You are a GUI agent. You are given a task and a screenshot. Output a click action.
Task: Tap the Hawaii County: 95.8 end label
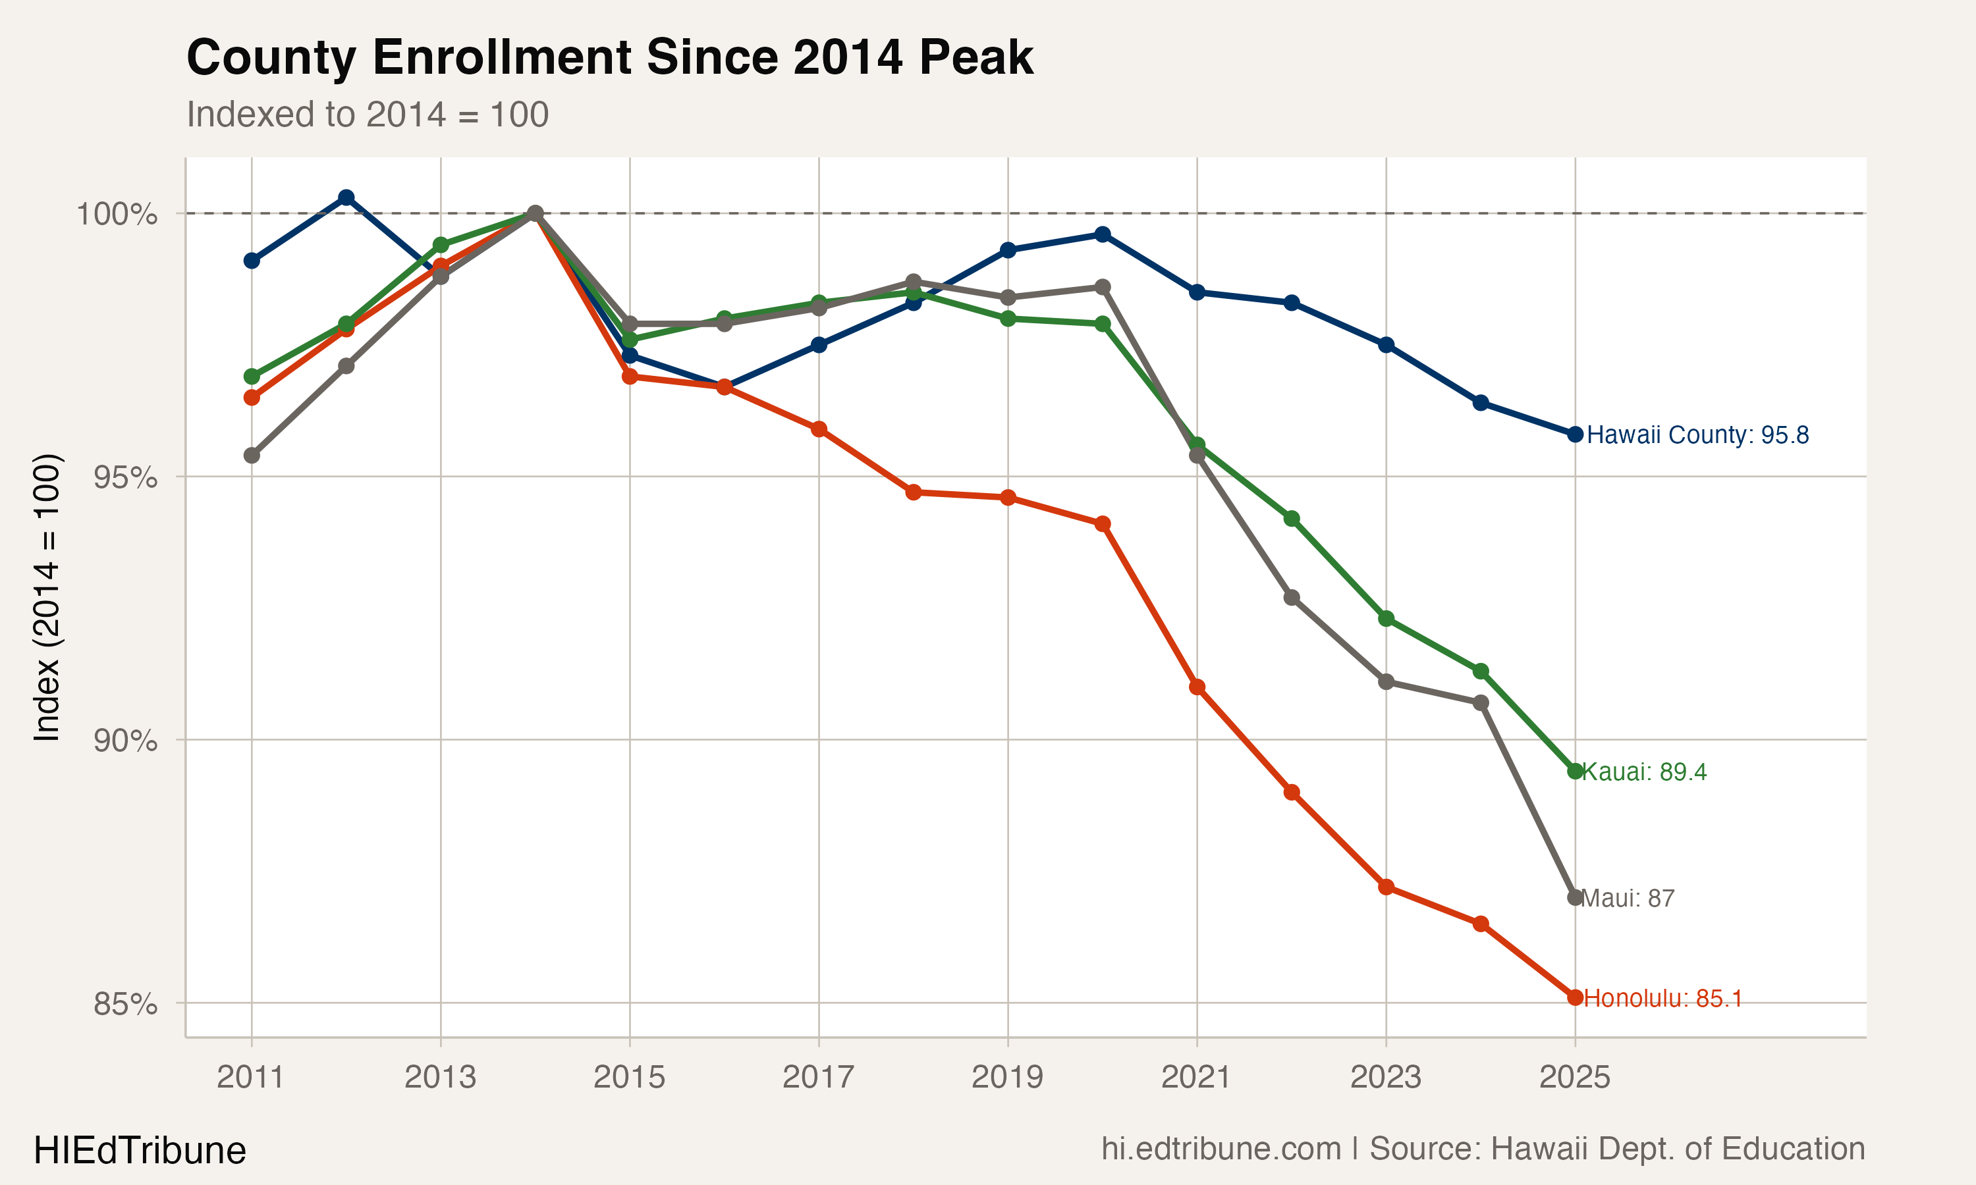click(1697, 435)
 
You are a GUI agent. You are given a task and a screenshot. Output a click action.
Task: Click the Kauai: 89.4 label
click(1644, 772)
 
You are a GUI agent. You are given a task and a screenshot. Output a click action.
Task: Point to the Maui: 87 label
click(1627, 899)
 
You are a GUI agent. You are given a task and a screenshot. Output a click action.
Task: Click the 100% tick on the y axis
click(117, 214)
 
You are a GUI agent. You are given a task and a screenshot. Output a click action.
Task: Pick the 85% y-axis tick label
click(124, 1004)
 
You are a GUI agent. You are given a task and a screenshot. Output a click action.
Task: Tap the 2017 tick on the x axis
click(818, 1077)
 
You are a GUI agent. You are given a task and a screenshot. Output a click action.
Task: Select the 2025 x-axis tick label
click(1574, 1077)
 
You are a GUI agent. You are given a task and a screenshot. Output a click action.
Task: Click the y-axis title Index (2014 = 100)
click(46, 597)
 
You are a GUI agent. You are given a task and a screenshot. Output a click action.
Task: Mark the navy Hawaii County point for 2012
click(346, 197)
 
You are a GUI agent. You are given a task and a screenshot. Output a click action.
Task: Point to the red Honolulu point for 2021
click(1196, 687)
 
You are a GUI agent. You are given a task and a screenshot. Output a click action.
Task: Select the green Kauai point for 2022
click(1292, 519)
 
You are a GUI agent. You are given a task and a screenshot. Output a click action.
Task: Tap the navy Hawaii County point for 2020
click(1102, 234)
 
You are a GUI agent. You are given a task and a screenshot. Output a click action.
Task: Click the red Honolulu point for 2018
click(914, 492)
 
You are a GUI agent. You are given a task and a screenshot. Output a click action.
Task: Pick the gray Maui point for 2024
click(1480, 702)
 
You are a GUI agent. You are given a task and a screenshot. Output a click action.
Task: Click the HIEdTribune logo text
click(140, 1151)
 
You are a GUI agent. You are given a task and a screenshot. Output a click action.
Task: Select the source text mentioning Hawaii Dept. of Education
click(1483, 1149)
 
